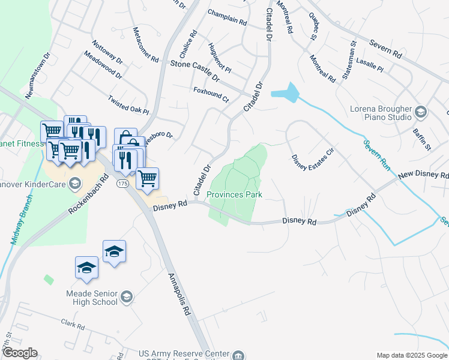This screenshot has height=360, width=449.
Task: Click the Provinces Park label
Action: coord(235,195)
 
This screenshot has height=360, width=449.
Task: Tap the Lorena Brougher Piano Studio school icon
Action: coord(421,112)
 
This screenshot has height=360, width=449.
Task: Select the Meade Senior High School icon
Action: coord(127,296)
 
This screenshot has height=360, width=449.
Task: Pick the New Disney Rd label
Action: coord(423,175)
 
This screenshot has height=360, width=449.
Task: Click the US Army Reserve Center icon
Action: coord(239,355)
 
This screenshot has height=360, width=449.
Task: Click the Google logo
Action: coord(19,353)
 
